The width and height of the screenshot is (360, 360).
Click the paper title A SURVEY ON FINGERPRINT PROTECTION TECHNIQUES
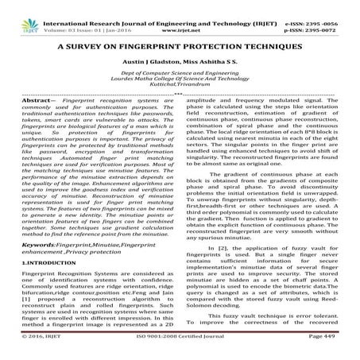click(x=180, y=46)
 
